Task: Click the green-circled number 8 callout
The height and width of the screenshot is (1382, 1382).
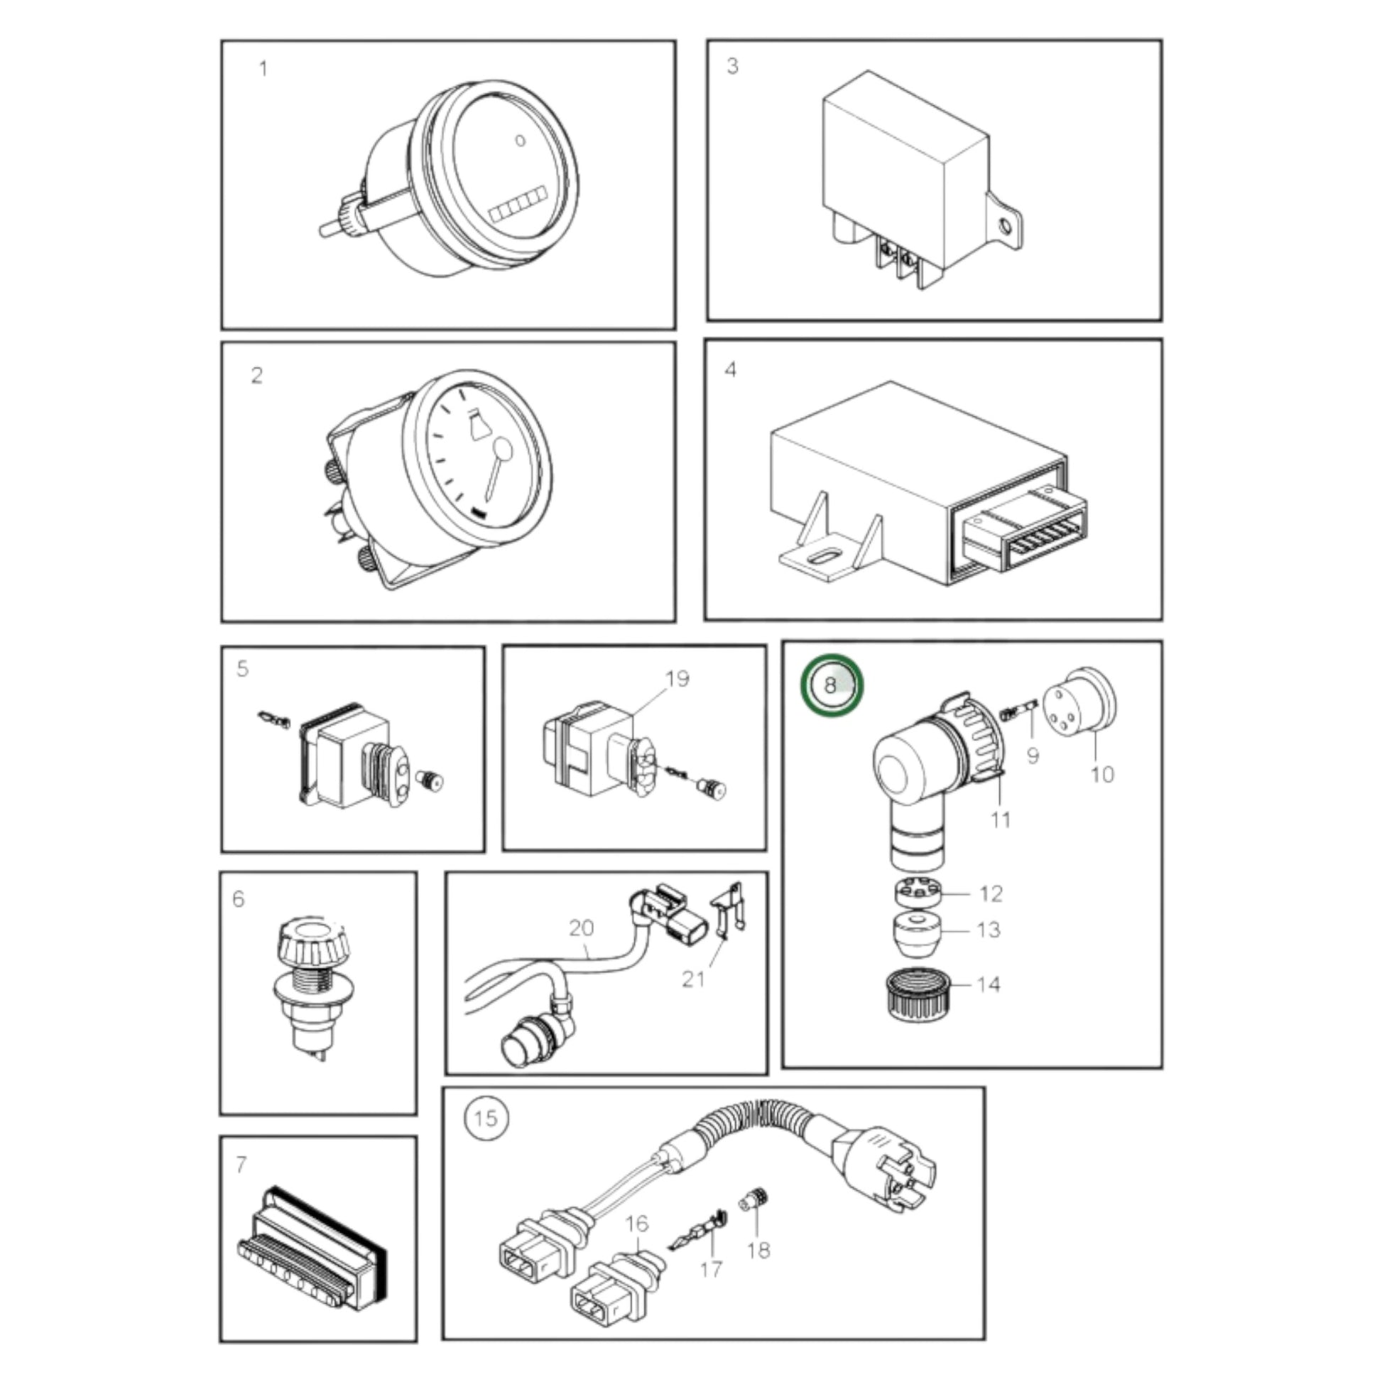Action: (831, 685)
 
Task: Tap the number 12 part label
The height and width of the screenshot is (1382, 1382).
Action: (991, 893)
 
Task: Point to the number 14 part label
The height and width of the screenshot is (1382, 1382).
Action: (989, 984)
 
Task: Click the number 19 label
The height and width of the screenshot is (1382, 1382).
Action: (677, 678)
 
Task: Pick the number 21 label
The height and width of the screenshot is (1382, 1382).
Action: (693, 979)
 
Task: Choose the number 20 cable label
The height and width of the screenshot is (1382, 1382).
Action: (581, 927)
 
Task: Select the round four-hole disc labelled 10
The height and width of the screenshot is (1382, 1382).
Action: (1080, 707)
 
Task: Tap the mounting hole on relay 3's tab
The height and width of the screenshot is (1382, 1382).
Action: (1005, 227)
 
